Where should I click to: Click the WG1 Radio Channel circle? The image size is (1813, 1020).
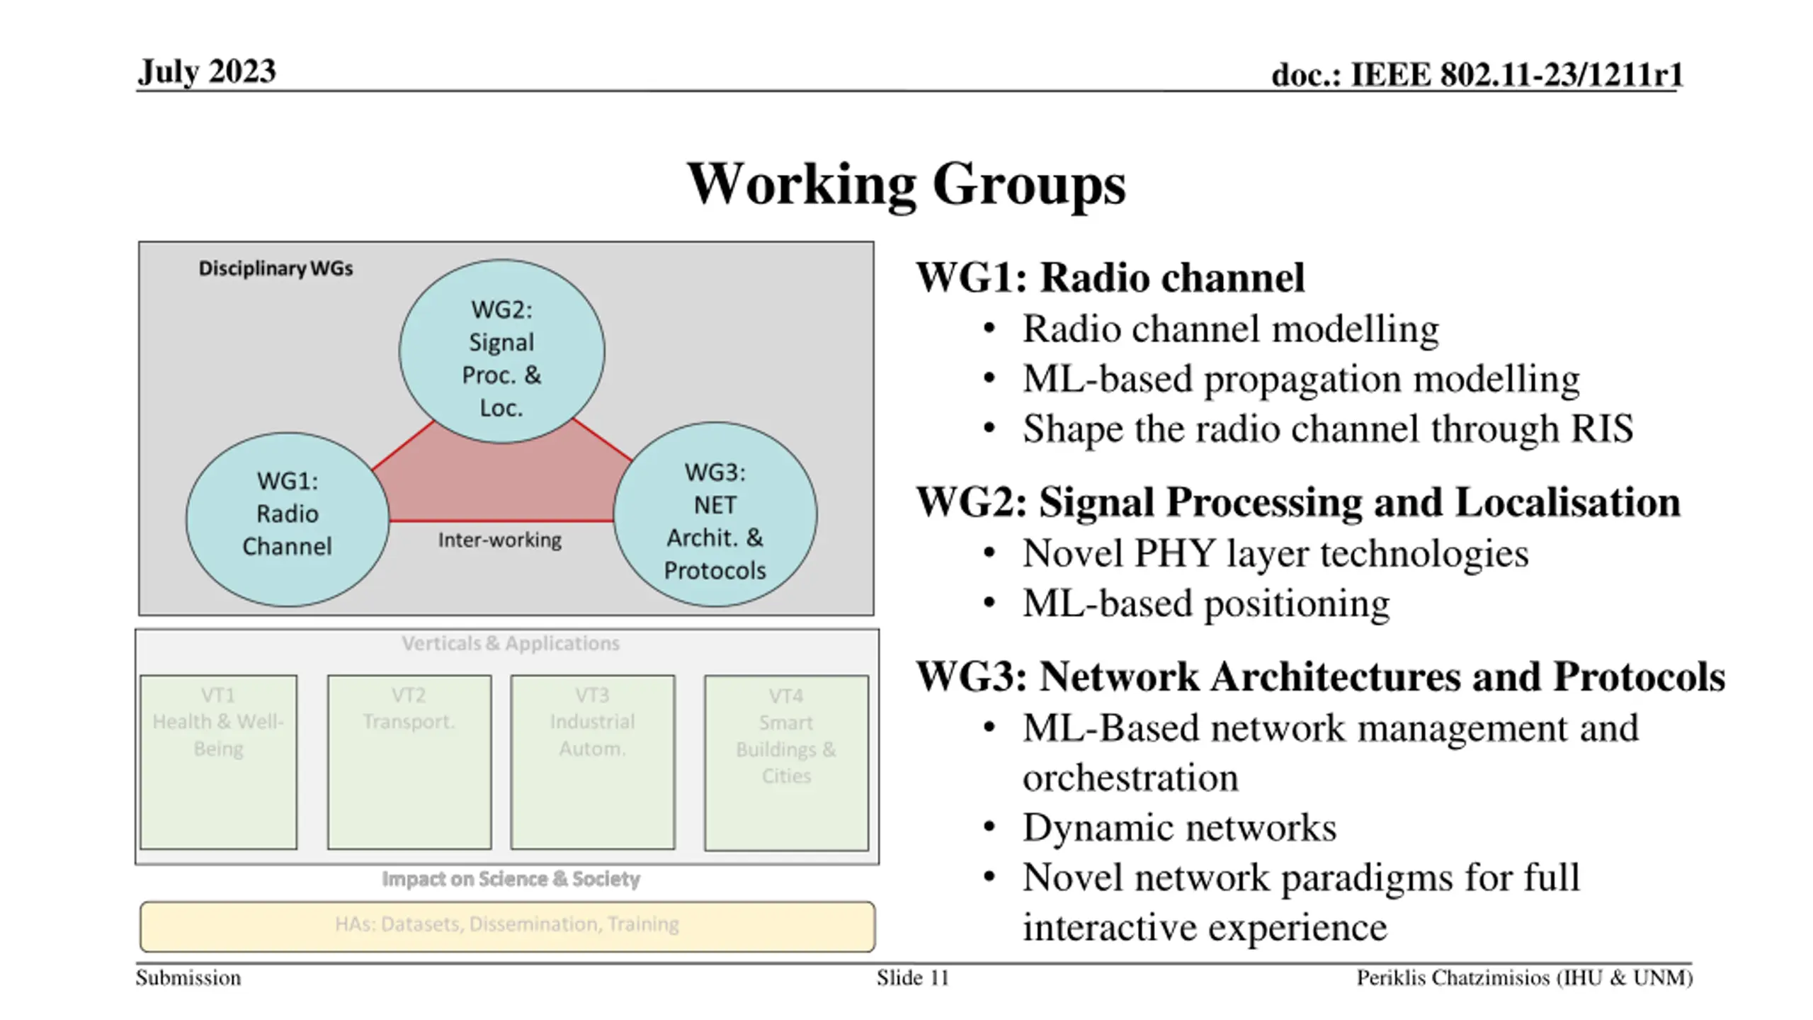287,519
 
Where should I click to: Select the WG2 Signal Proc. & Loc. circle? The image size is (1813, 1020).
501,351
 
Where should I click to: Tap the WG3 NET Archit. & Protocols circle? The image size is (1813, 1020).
715,514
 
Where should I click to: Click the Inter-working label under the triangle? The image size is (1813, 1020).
499,540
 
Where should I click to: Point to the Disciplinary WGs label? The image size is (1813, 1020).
275,268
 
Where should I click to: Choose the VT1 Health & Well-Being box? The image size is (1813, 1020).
218,762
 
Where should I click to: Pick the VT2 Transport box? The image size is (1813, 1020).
409,762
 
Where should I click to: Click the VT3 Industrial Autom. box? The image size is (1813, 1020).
593,762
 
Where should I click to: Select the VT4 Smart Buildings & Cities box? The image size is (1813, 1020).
786,763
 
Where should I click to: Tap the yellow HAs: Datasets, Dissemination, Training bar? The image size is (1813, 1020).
508,926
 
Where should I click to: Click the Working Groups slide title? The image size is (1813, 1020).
906,184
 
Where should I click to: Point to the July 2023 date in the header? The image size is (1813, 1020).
207,72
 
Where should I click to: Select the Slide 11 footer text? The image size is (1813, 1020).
912,978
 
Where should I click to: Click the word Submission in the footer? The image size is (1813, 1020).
188,978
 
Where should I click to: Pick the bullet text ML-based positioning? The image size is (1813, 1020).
1206,603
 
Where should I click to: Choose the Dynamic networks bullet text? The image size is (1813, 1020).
1179,827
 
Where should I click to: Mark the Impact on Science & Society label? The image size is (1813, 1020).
511,879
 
